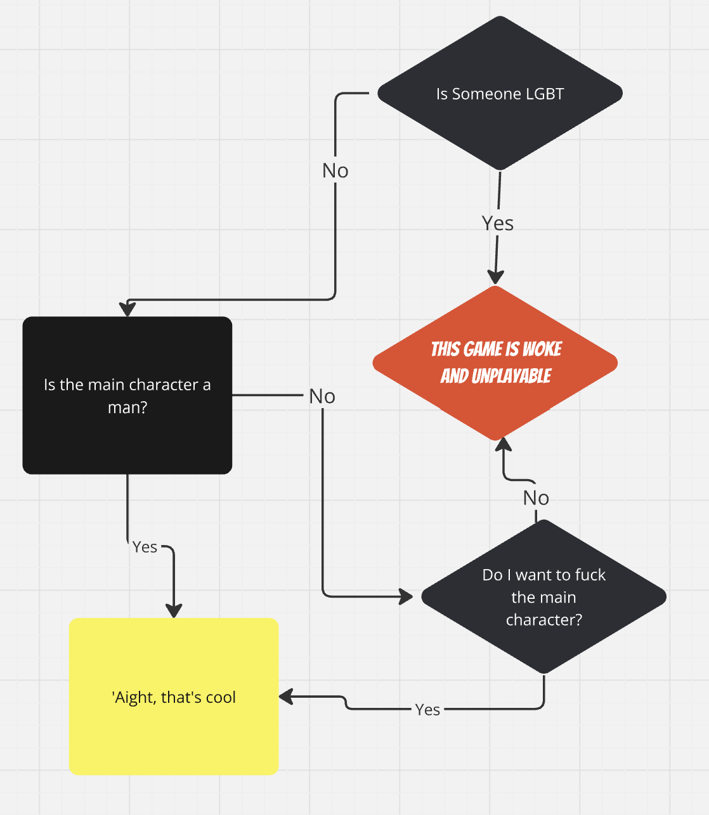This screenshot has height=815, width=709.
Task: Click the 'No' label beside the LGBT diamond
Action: point(335,170)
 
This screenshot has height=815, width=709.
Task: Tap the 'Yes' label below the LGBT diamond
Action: point(498,223)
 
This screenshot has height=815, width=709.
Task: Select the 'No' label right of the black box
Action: point(322,396)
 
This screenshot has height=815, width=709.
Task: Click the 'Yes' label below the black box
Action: point(145,547)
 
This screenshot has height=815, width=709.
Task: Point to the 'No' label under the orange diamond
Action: point(536,498)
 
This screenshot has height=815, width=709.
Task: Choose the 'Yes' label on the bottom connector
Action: point(427,710)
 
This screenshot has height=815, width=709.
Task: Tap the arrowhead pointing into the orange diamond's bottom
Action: point(504,444)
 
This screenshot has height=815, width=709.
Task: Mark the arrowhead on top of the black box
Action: point(128,309)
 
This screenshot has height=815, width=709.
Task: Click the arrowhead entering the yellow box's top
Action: point(174,610)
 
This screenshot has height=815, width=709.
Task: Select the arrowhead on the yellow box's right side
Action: point(287,697)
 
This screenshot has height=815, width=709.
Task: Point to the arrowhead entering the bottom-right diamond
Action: point(405,596)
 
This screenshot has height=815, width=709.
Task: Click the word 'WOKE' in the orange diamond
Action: point(542,349)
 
